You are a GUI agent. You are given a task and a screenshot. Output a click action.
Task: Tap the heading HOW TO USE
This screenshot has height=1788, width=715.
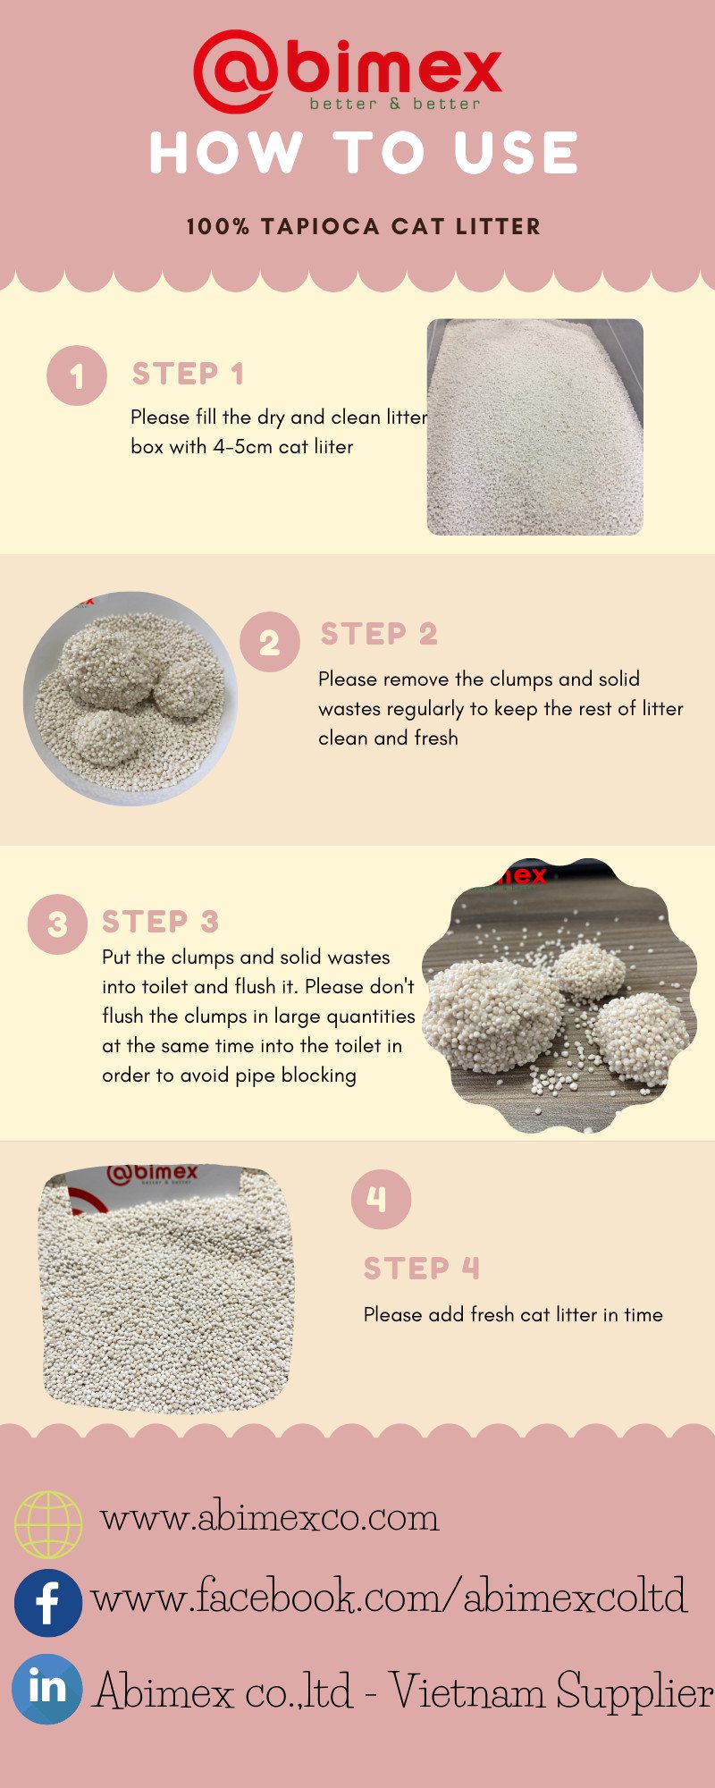tap(364, 152)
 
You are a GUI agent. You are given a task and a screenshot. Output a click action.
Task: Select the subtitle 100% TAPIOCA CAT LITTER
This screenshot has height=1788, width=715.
tap(364, 227)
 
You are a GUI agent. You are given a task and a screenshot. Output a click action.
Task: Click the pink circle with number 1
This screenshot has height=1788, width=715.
tap(77, 375)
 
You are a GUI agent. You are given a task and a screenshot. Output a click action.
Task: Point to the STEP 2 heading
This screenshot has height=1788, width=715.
tap(379, 634)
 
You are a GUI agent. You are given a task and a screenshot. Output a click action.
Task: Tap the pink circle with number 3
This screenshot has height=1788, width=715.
tap(57, 924)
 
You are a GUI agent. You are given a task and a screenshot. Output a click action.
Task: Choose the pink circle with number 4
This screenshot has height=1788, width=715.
tap(381, 1199)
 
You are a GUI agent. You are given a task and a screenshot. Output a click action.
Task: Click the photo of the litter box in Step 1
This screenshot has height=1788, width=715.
tap(535, 427)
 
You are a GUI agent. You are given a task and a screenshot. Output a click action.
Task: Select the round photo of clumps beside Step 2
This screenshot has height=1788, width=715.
tap(130, 698)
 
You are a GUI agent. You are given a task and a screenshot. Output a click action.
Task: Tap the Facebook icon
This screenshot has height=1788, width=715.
tap(48, 1603)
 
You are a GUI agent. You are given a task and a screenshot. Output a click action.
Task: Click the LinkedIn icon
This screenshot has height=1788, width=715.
tap(48, 1689)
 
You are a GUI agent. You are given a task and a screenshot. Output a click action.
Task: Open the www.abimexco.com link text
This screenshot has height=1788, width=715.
tap(270, 1518)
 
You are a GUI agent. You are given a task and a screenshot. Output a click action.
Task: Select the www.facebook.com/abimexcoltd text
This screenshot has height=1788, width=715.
tap(389, 1597)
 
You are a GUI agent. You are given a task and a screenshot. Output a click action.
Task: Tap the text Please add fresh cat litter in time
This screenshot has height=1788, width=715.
tap(513, 1314)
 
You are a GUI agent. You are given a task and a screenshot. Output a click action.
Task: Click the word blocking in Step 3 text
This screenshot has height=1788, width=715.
tap(319, 1075)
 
